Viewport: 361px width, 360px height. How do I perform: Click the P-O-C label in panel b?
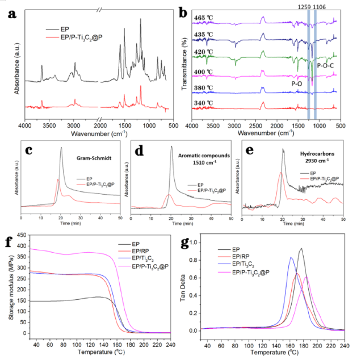(x=328, y=66)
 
